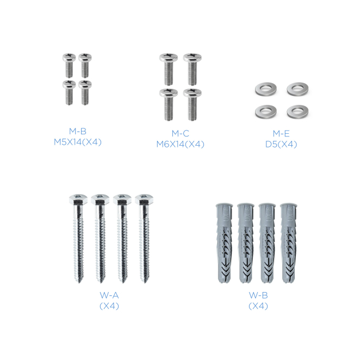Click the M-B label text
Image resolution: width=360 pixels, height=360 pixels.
[78, 131]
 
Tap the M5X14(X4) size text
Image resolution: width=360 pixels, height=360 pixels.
[78, 142]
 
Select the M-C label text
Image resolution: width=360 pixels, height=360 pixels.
[181, 133]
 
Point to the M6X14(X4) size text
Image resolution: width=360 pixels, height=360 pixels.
[180, 144]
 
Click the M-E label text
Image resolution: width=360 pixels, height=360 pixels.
[281, 133]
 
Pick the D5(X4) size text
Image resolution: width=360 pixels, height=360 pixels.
[281, 144]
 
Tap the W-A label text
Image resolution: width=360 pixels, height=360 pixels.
[109, 295]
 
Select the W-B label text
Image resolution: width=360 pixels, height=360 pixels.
[258, 295]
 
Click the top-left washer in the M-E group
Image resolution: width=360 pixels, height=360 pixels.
[266, 89]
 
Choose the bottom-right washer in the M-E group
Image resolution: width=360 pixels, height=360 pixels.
[297, 112]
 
